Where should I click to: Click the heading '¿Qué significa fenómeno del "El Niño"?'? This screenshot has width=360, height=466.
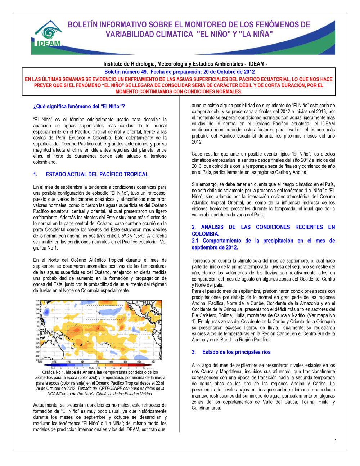tap(79, 107)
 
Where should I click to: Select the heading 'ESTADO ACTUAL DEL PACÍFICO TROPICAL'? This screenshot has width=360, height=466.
tap(97, 174)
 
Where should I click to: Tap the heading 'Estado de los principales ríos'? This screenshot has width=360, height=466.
tap(236, 352)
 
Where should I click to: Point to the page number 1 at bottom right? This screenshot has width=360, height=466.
tap(336, 440)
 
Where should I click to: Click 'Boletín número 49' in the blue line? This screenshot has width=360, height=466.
tap(126, 72)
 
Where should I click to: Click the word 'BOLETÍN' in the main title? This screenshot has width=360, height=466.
tap(83, 25)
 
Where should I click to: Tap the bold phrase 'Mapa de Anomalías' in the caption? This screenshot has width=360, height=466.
tap(84, 372)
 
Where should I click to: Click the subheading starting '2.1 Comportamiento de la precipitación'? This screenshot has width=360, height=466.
tap(263, 244)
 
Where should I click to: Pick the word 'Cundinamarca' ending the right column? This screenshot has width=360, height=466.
tap(206, 408)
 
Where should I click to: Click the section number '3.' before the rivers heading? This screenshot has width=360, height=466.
tap(194, 352)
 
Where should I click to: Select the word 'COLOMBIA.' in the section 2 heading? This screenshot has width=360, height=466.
tap(205, 234)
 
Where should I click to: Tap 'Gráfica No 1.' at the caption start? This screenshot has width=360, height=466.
tap(53, 372)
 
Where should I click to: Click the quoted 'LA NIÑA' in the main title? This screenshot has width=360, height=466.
tap(256, 35)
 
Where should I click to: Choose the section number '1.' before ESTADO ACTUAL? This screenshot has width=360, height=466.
tap(35, 174)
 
